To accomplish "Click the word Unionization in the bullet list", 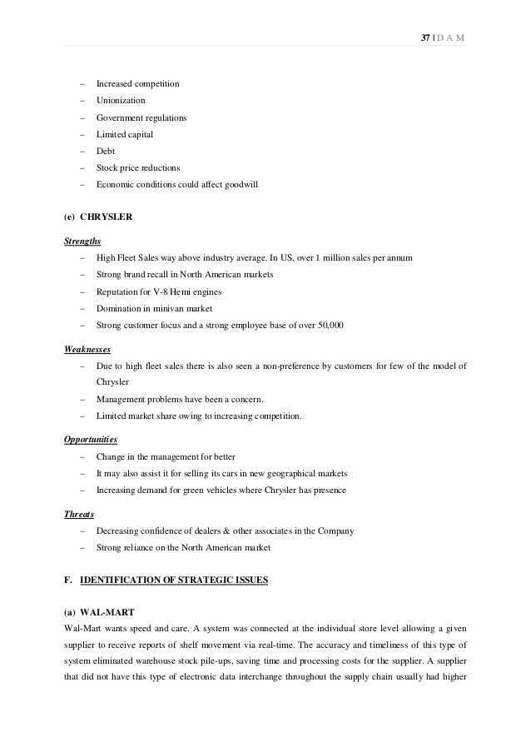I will [121, 101].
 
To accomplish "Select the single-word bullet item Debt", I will [105, 151].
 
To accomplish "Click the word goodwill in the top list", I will [240, 184].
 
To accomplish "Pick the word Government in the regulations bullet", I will [119, 117].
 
